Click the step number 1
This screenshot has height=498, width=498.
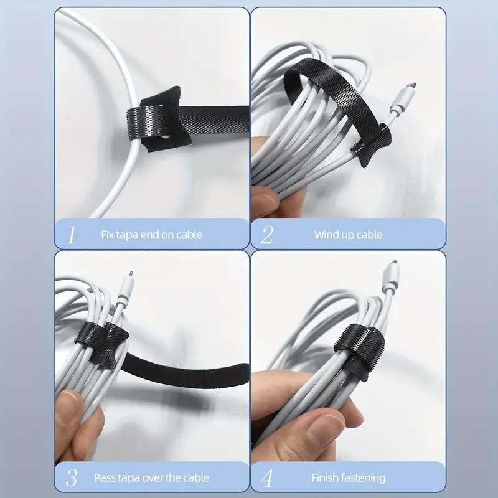[72, 235]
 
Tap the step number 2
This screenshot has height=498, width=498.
[267, 235]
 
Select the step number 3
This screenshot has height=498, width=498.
[72, 478]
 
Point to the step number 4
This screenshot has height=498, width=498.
[268, 478]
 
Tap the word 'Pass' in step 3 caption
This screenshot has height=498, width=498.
[105, 478]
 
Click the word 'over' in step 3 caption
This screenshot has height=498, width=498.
[156, 478]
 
